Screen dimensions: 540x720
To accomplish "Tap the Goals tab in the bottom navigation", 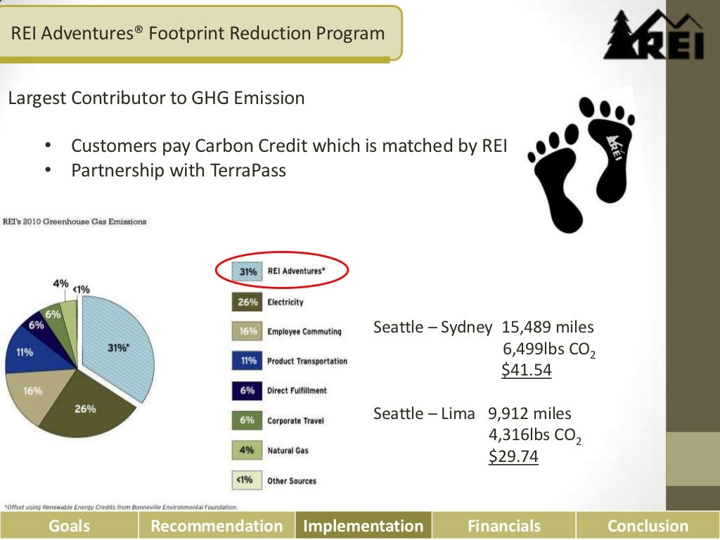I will [69, 525].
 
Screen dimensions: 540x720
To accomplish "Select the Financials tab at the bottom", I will [503, 525].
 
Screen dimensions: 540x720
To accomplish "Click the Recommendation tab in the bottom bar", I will [217, 525].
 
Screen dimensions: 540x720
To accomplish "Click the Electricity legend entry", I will [285, 302].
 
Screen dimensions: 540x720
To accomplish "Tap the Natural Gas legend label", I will [287, 450].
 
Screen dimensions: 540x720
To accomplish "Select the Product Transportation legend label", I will [307, 361].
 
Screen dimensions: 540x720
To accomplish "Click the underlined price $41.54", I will [526, 370].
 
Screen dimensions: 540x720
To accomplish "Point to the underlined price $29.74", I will [513, 456].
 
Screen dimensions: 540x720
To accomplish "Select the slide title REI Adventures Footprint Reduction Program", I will [199, 33].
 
